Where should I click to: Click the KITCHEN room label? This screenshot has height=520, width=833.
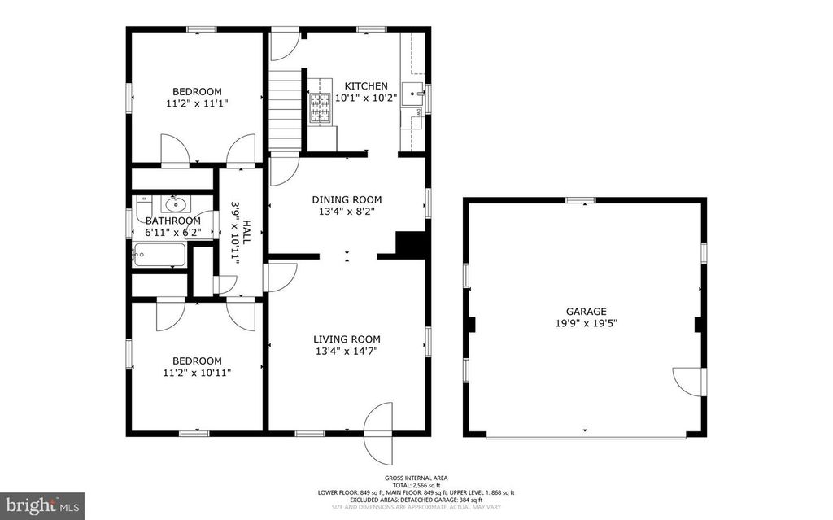[x=366, y=85]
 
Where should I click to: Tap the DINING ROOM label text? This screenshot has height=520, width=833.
[x=347, y=199]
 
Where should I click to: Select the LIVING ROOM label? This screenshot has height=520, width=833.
[x=347, y=339]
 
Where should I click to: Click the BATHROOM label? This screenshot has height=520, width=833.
[x=172, y=221]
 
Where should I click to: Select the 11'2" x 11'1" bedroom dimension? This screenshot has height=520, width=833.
[x=196, y=103]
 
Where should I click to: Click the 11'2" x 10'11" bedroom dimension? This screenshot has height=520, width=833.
[x=196, y=373]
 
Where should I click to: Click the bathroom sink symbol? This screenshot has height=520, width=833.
[x=174, y=203]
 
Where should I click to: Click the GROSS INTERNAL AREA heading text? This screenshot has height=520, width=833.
[x=416, y=478]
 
